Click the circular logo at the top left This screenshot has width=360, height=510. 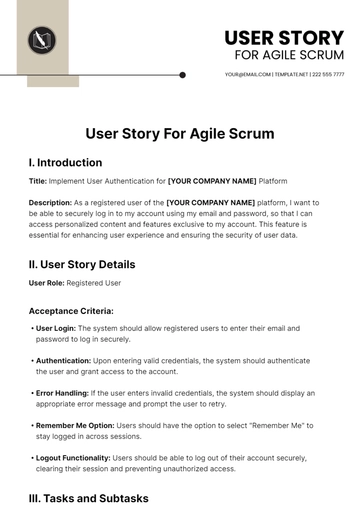pos(42,41)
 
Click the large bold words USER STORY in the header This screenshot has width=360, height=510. pos(284,38)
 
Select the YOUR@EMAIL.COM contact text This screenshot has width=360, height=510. pos(247,75)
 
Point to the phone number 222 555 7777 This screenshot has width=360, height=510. pos(328,75)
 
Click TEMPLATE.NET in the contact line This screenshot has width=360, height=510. pos(290,75)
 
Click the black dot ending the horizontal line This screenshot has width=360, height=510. pos(182,75)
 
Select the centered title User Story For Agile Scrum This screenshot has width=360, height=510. pos(180,132)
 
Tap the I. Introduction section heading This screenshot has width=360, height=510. pos(65,162)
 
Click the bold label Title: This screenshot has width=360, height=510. pos(38,180)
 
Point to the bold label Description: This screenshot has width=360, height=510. pos(54,203)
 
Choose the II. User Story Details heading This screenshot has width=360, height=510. pos(82,264)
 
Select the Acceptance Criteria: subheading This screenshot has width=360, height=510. pos(71,310)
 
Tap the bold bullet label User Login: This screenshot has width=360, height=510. pos(55,327)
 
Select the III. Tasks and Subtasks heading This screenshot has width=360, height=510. pos(88,497)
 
